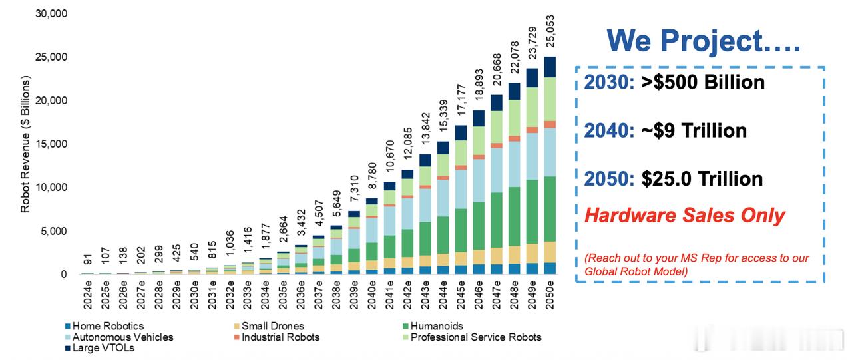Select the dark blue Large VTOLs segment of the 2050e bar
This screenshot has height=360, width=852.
549,67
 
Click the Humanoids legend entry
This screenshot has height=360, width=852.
437,326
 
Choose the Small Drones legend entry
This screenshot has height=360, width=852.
272,326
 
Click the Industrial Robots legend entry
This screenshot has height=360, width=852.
280,337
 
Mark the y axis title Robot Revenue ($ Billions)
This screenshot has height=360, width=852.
25,144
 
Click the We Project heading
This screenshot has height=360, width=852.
704,41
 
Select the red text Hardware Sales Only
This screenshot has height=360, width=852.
685,216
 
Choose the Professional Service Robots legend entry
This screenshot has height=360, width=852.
476,337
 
